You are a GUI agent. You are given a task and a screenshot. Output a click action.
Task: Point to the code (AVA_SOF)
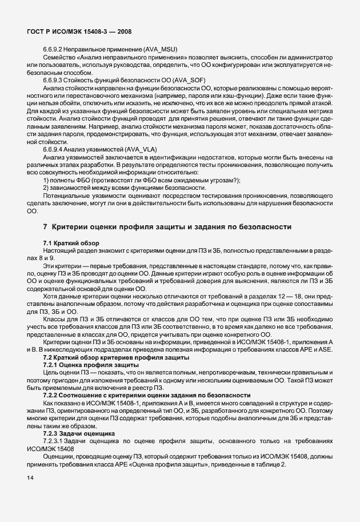[178, 79]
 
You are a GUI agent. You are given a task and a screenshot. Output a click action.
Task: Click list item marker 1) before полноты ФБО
[46, 180]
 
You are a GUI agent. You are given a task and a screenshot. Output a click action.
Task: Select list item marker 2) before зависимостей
[46, 188]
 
